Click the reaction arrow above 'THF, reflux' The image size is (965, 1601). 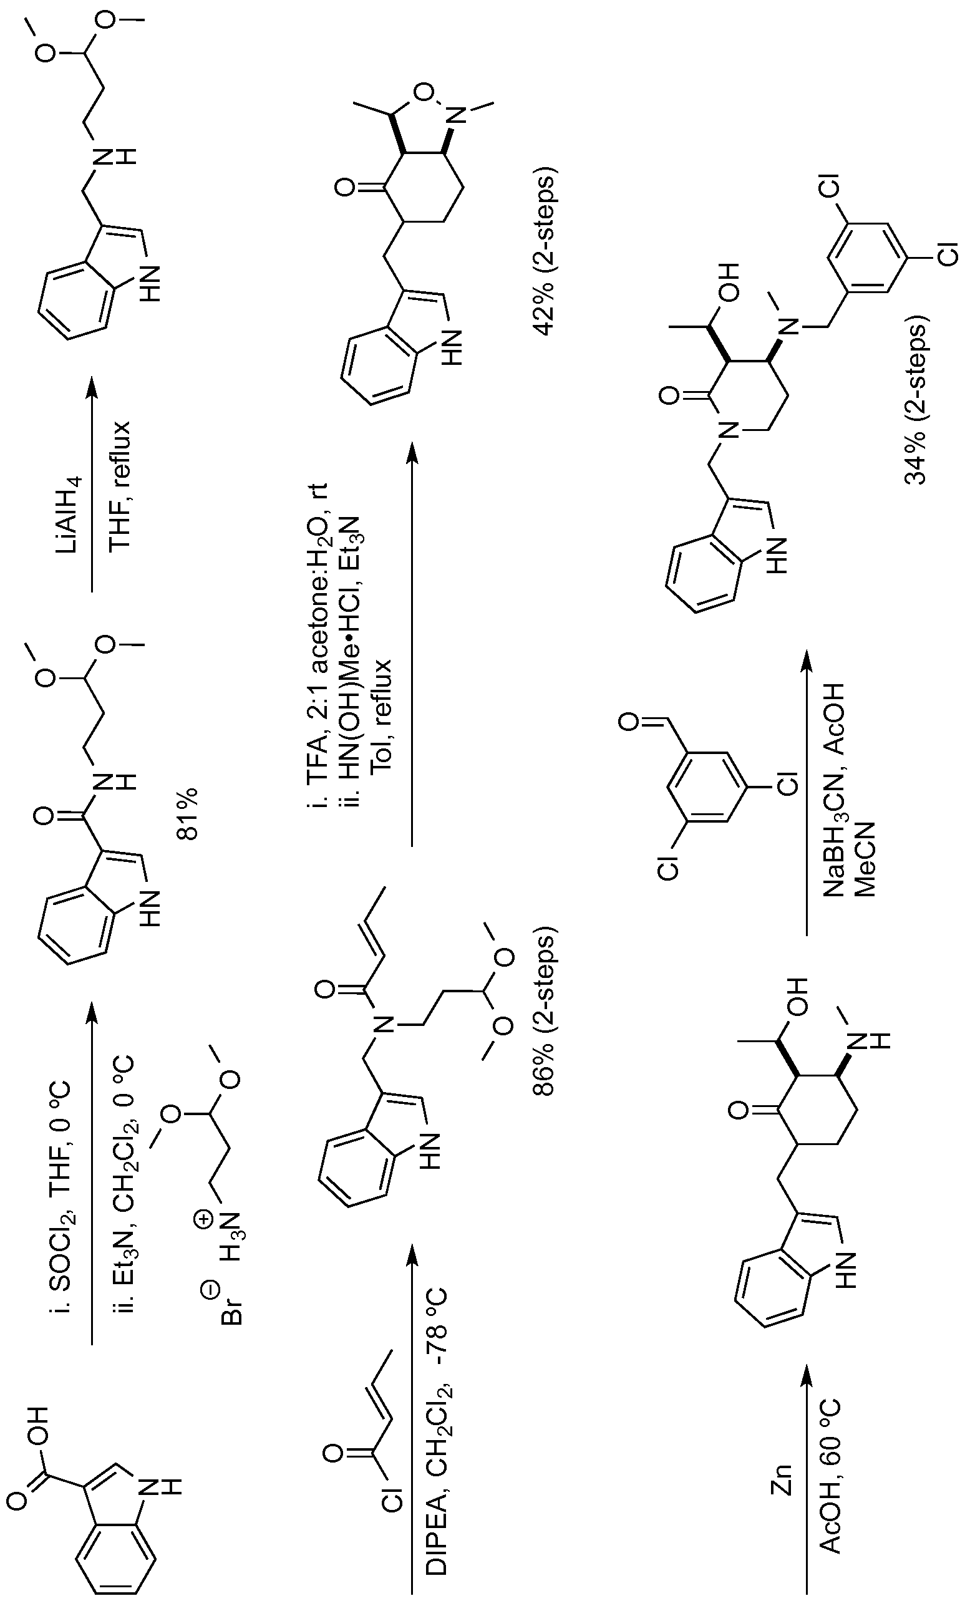coord(92,485)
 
